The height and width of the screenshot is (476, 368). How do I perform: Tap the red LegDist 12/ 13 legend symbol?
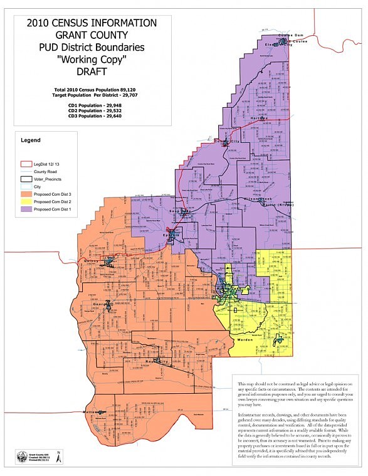pos(25,163)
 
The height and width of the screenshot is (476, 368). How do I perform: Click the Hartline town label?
pos(259,118)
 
